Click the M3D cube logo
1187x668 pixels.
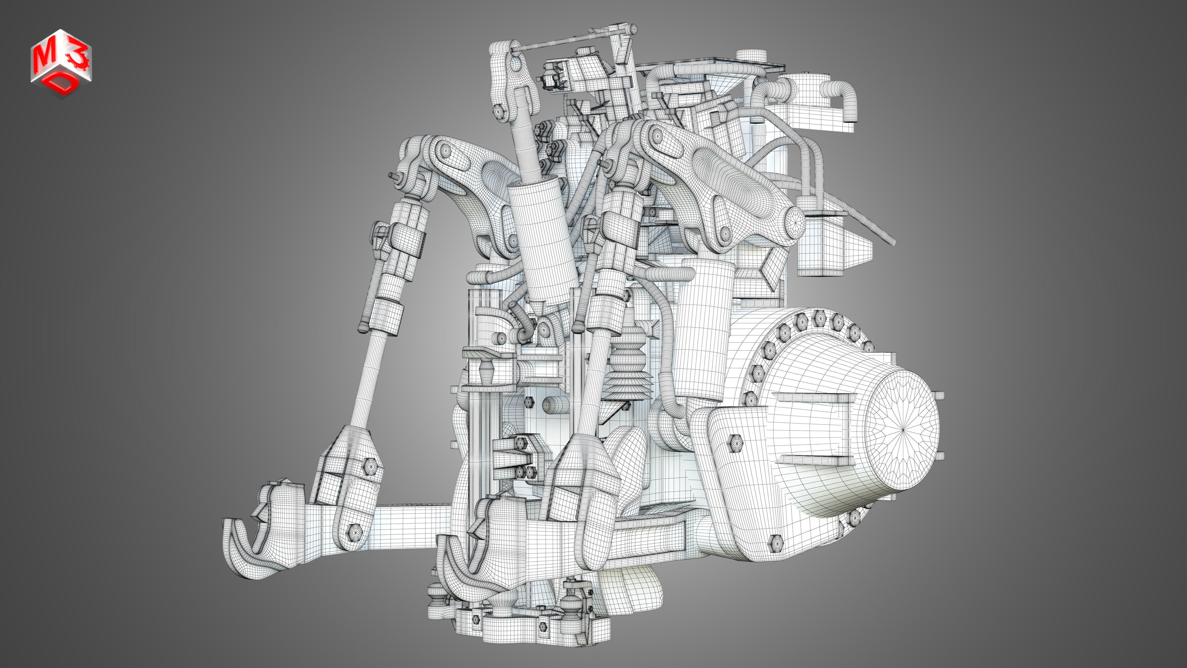[61, 63]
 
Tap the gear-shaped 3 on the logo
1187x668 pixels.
[76, 58]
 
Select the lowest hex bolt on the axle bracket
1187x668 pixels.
[776, 543]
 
